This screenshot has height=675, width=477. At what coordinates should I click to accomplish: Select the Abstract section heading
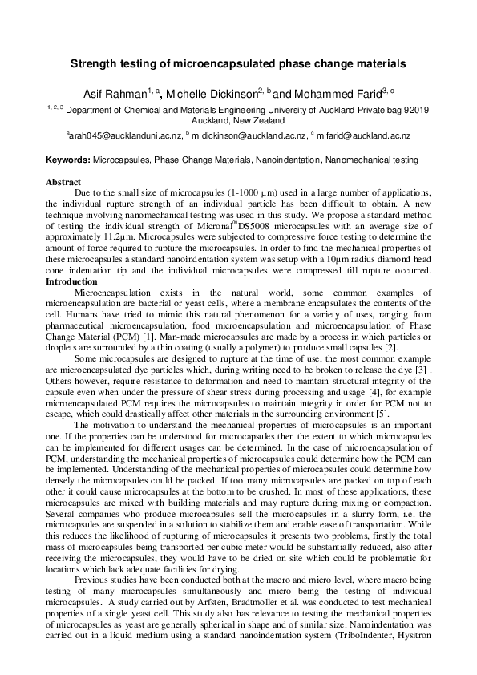pos(63,183)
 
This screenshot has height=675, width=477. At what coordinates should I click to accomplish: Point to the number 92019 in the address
pos(413,110)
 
